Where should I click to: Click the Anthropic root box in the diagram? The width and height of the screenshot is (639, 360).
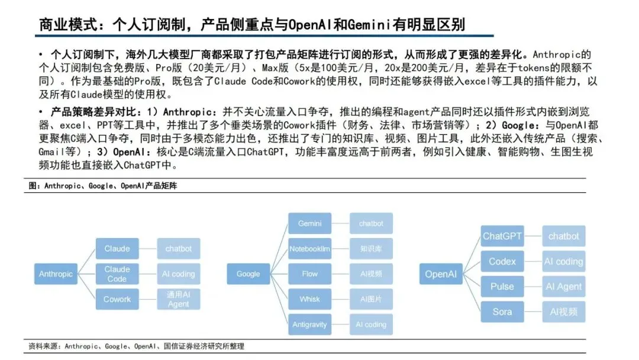tap(56, 274)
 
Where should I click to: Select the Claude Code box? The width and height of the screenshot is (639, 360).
tap(117, 274)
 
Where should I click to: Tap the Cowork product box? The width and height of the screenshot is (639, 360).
tap(117, 299)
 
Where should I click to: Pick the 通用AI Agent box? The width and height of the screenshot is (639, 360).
tap(178, 299)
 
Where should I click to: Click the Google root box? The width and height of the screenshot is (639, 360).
tap(248, 274)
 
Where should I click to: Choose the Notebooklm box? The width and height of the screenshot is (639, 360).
tap(309, 249)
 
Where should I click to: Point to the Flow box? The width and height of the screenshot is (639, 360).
tap(309, 274)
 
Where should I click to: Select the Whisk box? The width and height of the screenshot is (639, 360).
tap(309, 299)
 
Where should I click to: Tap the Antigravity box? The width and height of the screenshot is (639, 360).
tap(309, 324)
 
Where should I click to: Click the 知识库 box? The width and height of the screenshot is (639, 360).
tap(371, 249)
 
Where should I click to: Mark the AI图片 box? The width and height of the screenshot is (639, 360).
tap(371, 299)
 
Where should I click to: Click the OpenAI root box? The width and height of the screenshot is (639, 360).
tap(441, 274)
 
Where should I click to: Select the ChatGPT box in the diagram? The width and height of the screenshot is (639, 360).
tap(502, 236)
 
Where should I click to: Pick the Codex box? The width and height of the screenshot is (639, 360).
tap(502, 261)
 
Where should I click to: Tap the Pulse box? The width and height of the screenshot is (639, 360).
tap(502, 287)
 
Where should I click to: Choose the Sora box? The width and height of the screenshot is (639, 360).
tap(502, 311)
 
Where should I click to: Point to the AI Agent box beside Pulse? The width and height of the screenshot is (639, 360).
tap(564, 287)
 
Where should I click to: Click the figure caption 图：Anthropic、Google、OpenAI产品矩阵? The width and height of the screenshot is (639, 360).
tap(103, 186)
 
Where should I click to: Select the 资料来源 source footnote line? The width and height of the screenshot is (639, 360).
tap(136, 346)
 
